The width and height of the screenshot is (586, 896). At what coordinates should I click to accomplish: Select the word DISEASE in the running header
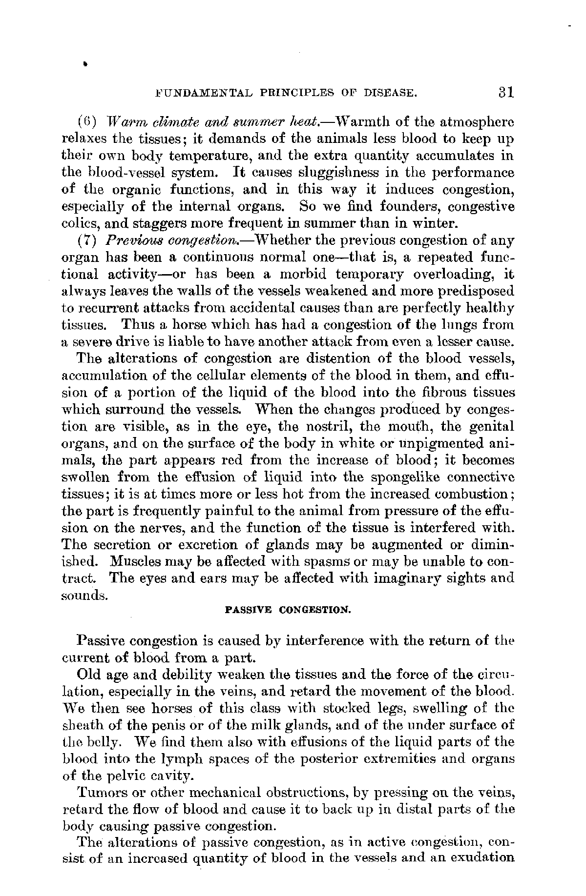390,93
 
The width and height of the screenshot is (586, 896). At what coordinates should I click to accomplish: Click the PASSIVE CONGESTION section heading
288,610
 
